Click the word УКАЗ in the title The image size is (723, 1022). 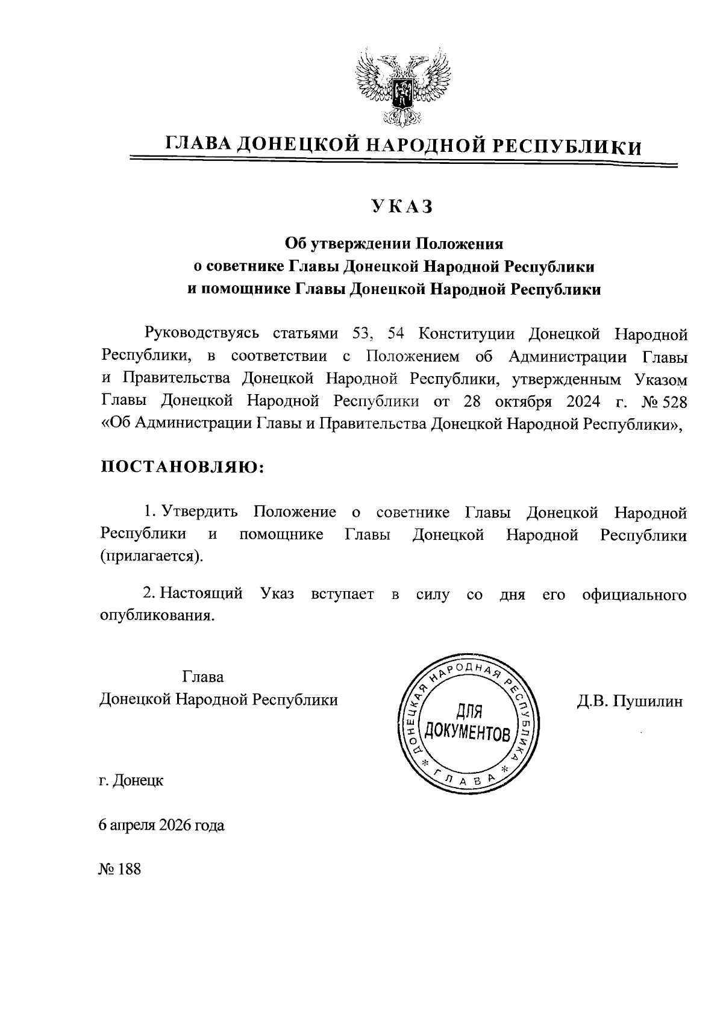[x=402, y=207]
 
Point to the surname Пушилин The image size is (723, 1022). [x=648, y=701]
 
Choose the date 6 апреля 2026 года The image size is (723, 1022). [x=162, y=825]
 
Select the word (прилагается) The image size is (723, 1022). [x=152, y=555]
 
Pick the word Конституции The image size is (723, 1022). [x=466, y=333]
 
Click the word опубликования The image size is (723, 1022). [x=157, y=616]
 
